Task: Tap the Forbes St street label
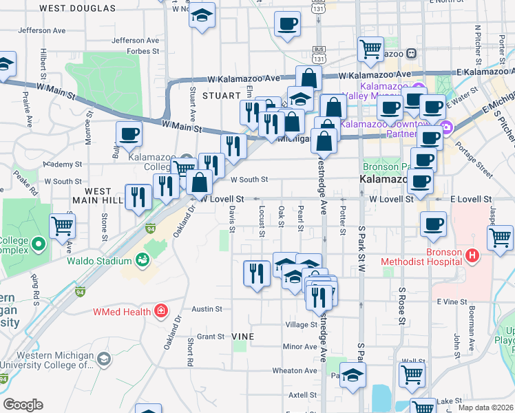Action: coord(143,51)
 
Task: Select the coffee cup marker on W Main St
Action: coord(129,135)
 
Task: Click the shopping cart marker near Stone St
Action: coord(63,224)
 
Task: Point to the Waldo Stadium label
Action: coord(99,261)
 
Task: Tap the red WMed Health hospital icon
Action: coord(160,311)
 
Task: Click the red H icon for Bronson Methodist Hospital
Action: coord(472,256)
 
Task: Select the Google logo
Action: coord(23,405)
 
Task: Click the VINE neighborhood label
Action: coord(243,337)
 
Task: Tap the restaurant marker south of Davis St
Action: coord(256,273)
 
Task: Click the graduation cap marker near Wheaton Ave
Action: coord(353,376)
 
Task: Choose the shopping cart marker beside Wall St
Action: coord(412,375)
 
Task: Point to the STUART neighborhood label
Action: coord(207,96)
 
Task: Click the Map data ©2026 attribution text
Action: coord(485,407)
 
